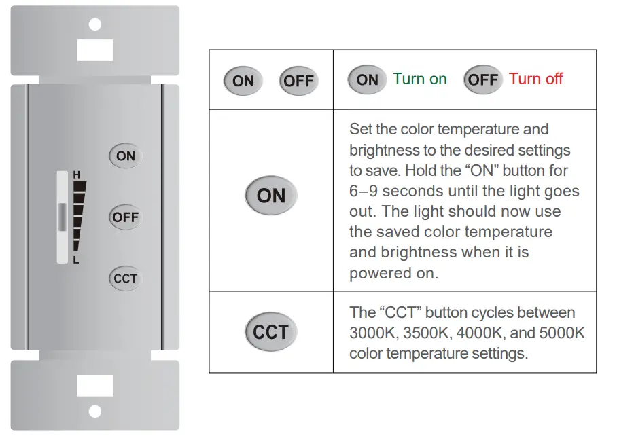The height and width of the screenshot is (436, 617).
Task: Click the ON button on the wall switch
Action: point(126,156)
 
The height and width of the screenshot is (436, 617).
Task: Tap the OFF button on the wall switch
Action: point(126,217)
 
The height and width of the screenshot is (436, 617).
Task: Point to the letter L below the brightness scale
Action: point(77,260)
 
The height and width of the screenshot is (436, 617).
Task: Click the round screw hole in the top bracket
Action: point(95,24)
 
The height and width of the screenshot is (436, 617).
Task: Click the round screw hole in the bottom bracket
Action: point(95,411)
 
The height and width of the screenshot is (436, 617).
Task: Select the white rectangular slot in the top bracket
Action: point(95,49)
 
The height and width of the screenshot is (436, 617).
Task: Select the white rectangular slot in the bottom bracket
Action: point(95,386)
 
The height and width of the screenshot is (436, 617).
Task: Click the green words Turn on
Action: point(420,79)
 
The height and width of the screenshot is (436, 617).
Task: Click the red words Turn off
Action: point(536,79)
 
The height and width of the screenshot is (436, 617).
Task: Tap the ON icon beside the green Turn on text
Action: point(367,79)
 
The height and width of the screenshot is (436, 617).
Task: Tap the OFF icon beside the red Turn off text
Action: point(483,79)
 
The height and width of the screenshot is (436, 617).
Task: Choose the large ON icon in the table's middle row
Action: point(271,196)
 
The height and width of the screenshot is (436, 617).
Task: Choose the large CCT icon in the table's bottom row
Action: point(271,332)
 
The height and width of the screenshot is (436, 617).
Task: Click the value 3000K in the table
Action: point(373,333)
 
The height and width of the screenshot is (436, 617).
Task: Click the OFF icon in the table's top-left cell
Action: point(298,81)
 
